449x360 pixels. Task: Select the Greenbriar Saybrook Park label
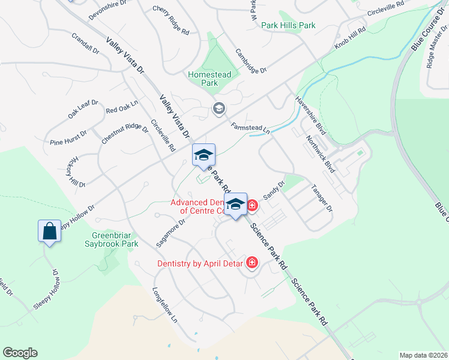pyautogui.click(x=115, y=239)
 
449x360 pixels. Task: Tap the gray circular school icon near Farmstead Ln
pyautogui.click(x=218, y=109)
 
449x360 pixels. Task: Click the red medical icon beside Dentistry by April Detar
pyautogui.click(x=252, y=263)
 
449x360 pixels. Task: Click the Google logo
pyautogui.click(x=20, y=353)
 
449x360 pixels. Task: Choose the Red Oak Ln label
pyautogui.click(x=122, y=107)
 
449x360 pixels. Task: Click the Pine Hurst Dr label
pyautogui.click(x=68, y=137)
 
